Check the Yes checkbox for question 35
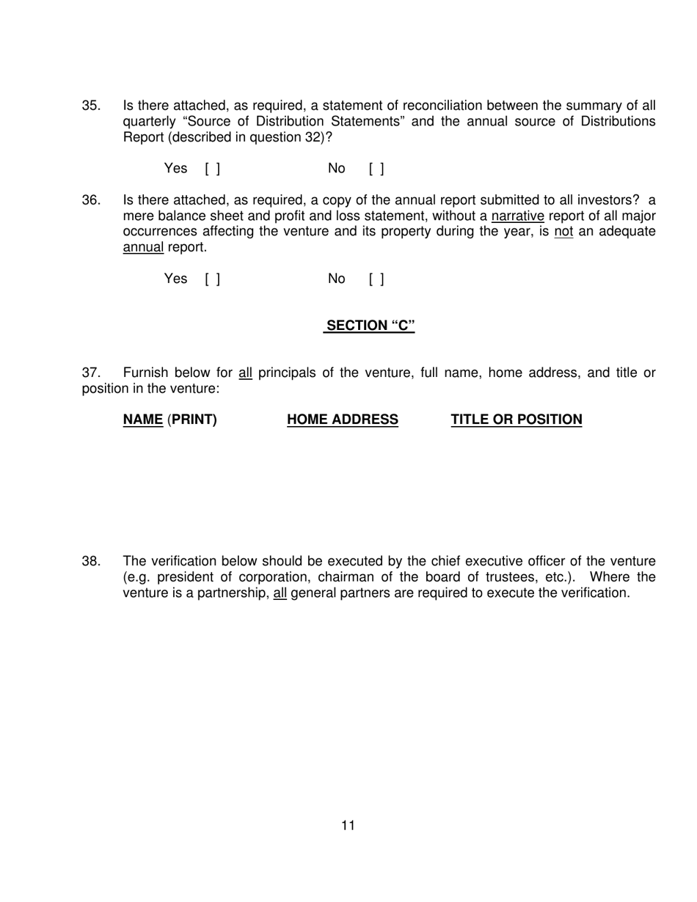(213, 169)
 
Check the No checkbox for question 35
(376, 169)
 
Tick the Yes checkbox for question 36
(213, 279)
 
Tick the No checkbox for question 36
(376, 279)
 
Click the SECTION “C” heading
(370, 326)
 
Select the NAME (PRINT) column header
(169, 419)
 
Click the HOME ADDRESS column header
(343, 419)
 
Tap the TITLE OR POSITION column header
(517, 419)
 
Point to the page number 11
(348, 826)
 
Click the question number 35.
(91, 106)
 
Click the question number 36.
(91, 200)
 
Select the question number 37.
(91, 373)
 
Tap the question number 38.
(91, 562)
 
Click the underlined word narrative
(517, 216)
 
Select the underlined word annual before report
(143, 247)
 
